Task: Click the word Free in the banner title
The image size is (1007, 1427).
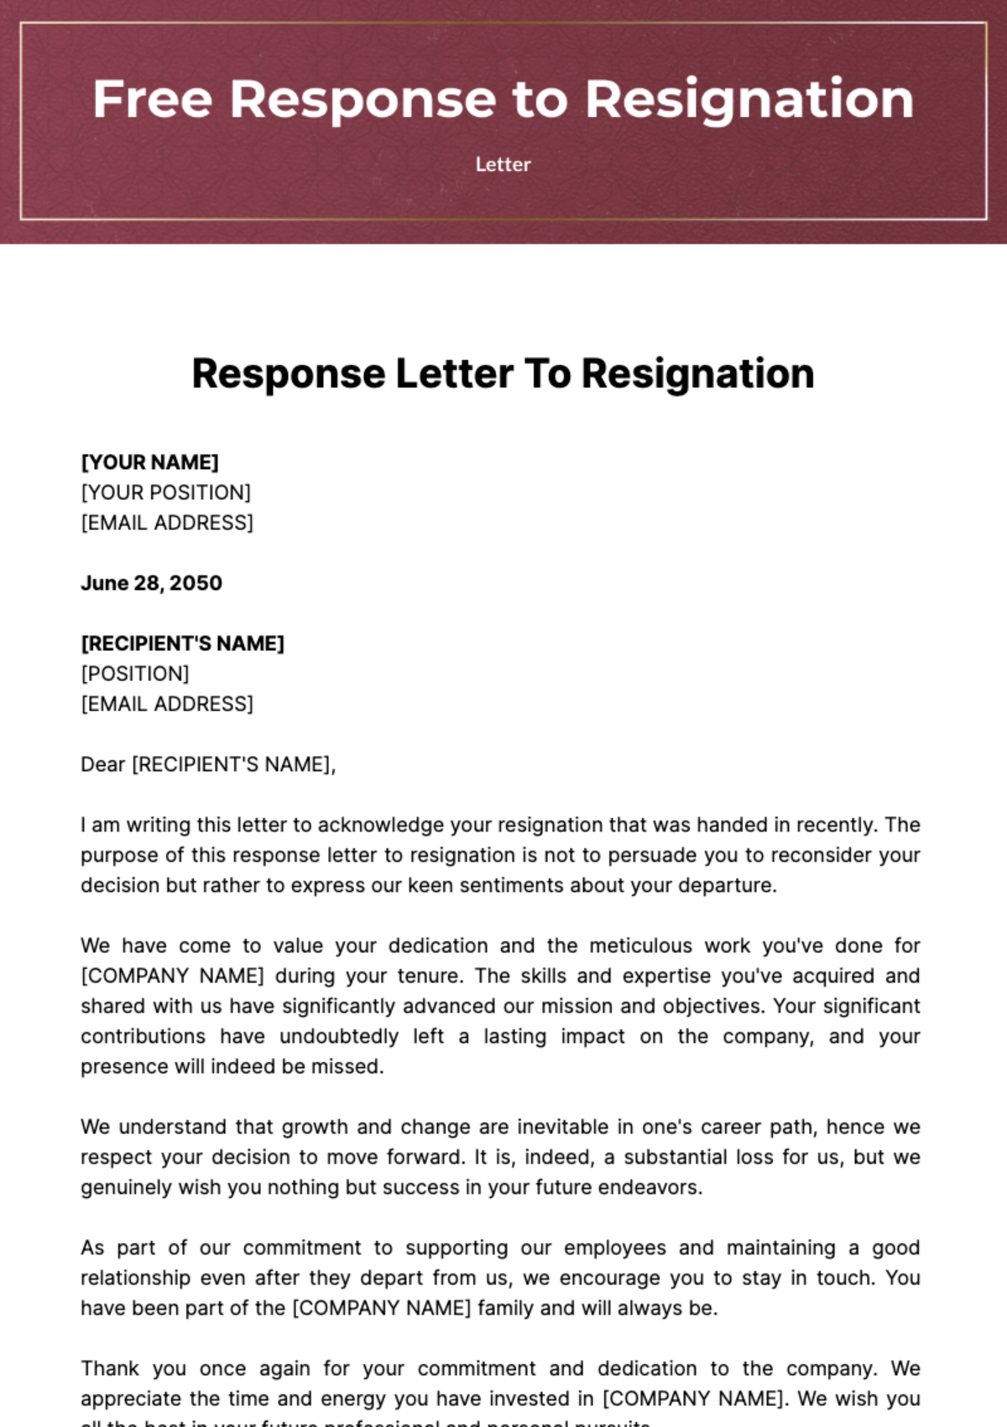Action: tap(152, 99)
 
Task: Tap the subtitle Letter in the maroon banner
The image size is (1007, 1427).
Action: tap(503, 164)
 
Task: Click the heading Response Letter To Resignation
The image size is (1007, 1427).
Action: tap(503, 374)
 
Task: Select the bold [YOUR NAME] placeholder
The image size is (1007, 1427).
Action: tap(149, 462)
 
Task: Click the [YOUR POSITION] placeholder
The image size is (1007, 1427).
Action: tap(165, 492)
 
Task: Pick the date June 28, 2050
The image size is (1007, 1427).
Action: tap(151, 583)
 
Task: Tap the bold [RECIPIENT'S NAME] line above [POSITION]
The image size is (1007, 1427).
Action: tap(182, 643)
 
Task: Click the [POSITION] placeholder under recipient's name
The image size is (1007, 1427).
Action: tap(134, 674)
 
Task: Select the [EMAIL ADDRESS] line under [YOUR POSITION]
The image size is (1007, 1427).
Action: tap(166, 523)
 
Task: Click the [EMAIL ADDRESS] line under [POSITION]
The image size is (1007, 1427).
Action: tap(166, 704)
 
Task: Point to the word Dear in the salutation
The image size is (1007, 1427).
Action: tap(102, 764)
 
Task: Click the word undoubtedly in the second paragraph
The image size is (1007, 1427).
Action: tap(339, 1036)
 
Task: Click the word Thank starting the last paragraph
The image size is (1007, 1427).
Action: tap(110, 1368)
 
